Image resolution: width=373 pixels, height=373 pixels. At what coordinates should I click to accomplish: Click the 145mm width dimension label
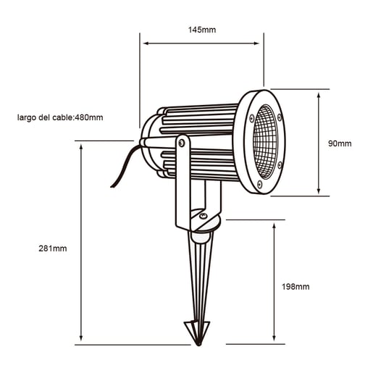pos(202,30)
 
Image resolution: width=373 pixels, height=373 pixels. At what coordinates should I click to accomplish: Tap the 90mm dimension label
pos(340,143)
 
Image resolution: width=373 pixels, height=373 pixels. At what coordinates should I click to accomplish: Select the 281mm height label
pos(53,248)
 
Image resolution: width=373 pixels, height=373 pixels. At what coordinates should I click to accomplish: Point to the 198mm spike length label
pos(296,287)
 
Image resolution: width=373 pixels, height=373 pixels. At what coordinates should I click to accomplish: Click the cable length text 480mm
pos(89,117)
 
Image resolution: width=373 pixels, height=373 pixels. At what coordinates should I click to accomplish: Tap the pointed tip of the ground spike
pos(198,345)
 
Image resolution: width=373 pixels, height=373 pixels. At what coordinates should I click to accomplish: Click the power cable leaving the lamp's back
pos(125,167)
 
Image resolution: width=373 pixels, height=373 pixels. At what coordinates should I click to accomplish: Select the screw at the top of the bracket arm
pos(182,143)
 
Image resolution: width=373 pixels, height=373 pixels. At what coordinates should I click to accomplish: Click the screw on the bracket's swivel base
pos(203,216)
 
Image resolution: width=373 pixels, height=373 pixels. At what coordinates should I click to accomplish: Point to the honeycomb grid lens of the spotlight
pos(265,142)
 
